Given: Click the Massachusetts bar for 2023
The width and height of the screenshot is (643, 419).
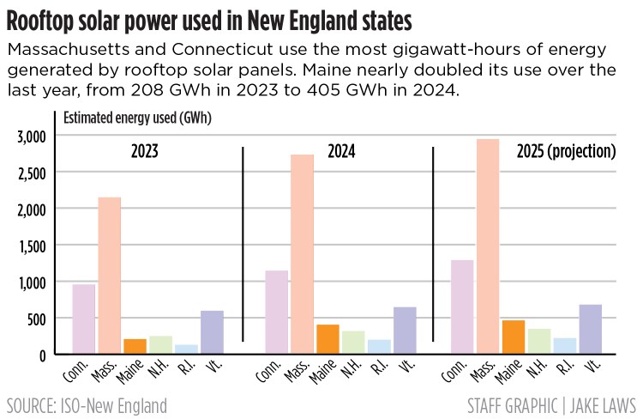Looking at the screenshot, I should point(109,275).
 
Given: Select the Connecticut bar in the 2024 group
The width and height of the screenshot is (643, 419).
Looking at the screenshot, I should point(276,312).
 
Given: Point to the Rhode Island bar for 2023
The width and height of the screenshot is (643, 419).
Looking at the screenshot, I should point(186,349).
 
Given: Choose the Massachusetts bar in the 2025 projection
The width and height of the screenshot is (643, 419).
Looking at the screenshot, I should point(488,246).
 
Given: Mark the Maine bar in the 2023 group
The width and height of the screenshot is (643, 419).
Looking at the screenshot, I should point(135,346).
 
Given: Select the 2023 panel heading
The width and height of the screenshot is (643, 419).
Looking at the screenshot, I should point(145,153).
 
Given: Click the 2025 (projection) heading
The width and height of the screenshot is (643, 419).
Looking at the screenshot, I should point(567,153).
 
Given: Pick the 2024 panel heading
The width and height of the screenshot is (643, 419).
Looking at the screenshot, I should point(341,153).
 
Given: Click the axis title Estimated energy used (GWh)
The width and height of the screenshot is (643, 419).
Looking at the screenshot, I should point(137,118).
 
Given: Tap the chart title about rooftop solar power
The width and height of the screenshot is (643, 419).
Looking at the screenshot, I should point(209,18).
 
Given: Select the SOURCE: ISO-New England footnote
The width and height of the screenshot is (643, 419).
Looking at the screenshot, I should point(87,404).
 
